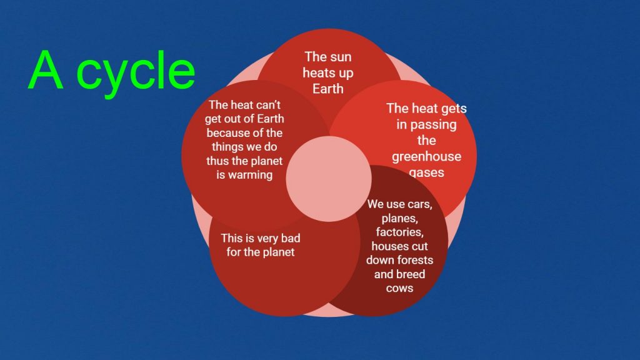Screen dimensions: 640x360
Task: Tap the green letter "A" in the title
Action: coord(46,70)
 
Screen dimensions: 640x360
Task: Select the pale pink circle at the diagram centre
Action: coord(329,179)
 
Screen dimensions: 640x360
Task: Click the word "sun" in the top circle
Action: coord(341,57)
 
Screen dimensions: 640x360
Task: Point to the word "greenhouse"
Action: coord(426,157)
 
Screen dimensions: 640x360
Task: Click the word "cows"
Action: coord(399,288)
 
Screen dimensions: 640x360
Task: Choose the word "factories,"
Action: coord(399,232)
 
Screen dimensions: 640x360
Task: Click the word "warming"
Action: coord(250,175)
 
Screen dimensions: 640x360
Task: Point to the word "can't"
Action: coord(267,105)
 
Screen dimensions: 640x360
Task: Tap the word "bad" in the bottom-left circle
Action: coord(291,238)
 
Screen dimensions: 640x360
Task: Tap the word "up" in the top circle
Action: coord(346,74)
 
